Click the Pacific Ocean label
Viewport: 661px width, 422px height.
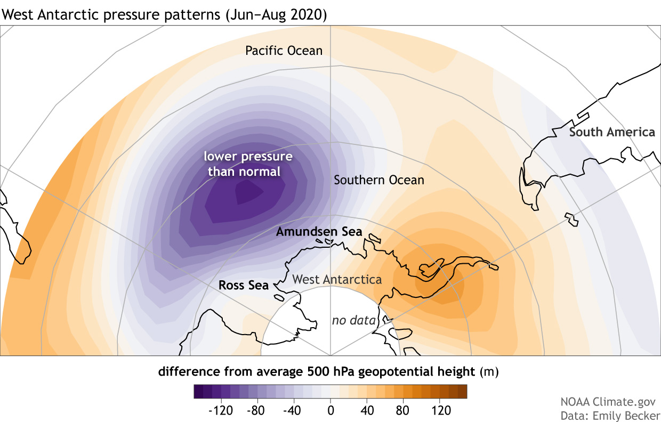pos(284,51)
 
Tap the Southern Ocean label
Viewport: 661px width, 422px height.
pos(378,180)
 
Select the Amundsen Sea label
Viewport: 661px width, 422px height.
pos(319,232)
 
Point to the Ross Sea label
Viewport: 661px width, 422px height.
pos(244,285)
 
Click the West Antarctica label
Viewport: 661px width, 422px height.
pos(337,279)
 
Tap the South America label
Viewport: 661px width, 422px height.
pos(612,132)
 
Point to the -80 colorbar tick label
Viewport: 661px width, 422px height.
pos(257,411)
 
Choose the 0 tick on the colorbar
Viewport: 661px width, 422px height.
pos(330,411)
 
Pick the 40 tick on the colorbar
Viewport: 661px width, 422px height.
pos(367,411)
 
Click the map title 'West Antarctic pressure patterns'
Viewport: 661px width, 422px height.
pos(164,15)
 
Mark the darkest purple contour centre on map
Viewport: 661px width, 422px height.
pos(247,192)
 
